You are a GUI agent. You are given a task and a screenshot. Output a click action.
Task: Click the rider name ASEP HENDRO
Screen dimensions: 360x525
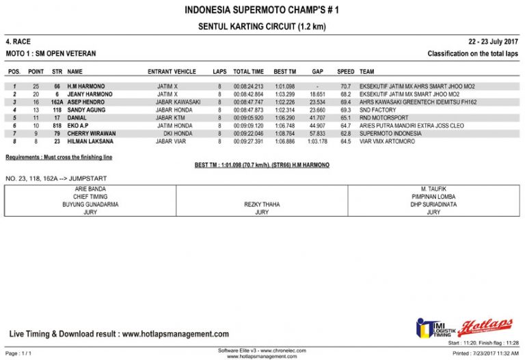pos(86,102)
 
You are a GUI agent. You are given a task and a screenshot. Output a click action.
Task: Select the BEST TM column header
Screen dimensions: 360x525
pos(284,72)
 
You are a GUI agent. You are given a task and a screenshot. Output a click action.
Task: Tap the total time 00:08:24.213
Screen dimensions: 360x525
pos(248,87)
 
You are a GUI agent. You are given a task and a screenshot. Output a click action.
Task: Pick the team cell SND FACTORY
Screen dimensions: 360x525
pos(378,110)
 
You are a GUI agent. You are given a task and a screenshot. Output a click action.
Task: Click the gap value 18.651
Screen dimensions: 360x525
pos(317,94)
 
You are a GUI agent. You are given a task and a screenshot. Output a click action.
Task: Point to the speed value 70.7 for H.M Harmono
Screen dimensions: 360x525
pos(345,87)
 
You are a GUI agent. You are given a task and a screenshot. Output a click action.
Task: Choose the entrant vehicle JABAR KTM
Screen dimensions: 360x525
pos(171,117)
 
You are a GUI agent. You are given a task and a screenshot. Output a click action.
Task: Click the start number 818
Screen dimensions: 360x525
pos(57,126)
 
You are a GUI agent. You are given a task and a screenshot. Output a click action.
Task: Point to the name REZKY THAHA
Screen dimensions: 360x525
pos(262,204)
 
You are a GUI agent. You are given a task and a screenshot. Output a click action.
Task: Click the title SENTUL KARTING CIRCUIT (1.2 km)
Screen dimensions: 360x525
pos(262,26)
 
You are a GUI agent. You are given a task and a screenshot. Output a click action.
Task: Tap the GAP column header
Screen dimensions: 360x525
pos(317,72)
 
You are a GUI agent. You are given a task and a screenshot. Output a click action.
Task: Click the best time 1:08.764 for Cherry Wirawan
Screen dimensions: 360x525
pos(284,133)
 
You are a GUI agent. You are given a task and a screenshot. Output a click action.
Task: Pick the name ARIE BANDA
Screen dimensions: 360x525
pos(91,189)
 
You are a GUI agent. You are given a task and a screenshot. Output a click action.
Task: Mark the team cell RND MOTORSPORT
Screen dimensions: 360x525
pos(383,117)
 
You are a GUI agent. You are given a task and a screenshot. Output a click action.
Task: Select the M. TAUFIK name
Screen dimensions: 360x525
pos(433,189)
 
